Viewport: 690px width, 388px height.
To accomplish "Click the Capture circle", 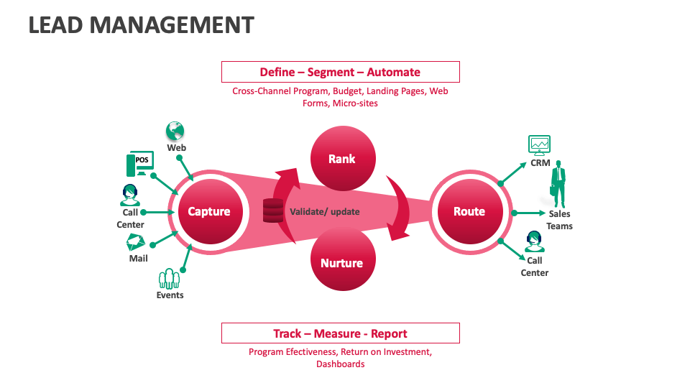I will (209, 211).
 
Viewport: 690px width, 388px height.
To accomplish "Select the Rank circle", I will (341, 159).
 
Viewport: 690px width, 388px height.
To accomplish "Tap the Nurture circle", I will (341, 263).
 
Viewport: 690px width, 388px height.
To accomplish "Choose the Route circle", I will (469, 211).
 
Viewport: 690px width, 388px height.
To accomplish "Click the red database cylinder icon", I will (273, 211).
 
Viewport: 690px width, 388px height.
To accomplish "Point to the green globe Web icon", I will (175, 131).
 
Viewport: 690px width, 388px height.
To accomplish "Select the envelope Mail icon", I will (137, 243).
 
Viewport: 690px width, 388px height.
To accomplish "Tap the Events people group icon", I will (169, 278).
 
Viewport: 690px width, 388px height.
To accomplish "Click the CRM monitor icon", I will (539, 145).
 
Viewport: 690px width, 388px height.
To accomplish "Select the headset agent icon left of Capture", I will (130, 195).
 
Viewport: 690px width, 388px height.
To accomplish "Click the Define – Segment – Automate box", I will (340, 72).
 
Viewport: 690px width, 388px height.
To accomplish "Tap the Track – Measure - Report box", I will (340, 333).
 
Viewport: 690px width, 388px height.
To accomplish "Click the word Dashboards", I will (340, 364).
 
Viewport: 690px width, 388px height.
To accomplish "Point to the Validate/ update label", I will (324, 211).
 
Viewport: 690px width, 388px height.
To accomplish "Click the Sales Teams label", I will (559, 220).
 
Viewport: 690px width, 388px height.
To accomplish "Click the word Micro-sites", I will (354, 103).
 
